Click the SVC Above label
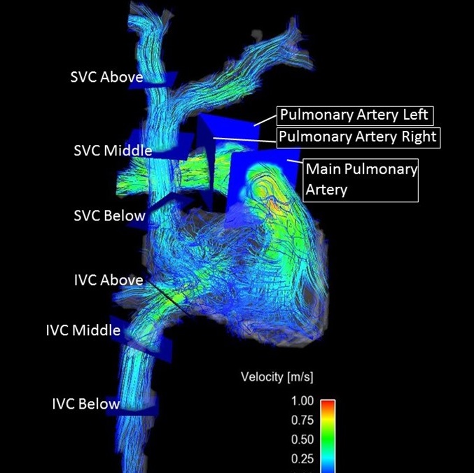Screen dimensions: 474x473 106,77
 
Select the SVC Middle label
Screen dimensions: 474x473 113,150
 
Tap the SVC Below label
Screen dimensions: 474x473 109,216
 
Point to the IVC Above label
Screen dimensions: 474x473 109,280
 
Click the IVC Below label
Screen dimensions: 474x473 85,404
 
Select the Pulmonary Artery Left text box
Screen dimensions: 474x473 355,114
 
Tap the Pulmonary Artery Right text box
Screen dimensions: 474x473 357,136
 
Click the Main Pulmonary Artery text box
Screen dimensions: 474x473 361,179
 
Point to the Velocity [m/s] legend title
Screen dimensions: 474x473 277,377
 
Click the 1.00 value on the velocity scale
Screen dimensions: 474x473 302,402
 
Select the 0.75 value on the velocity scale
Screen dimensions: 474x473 302,421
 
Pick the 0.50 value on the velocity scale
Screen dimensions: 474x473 302,439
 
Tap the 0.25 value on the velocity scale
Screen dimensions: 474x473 302,458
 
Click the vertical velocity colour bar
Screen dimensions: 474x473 328,435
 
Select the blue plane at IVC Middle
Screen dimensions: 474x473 147,341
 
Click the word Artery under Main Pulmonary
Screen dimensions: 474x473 326,190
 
